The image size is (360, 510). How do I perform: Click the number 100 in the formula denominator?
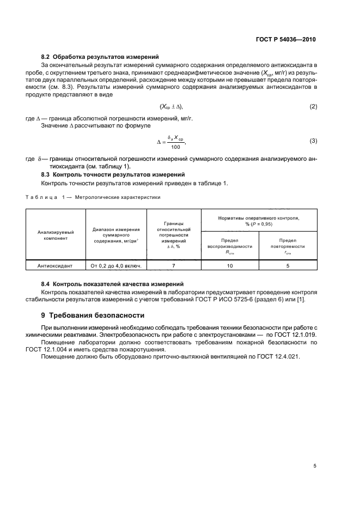175,147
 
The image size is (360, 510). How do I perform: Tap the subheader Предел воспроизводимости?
229,246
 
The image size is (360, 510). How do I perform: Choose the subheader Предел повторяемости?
287,246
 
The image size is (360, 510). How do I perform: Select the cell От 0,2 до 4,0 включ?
116,265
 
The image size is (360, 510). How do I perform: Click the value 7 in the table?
174,265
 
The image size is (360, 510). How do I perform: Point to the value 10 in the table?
229,265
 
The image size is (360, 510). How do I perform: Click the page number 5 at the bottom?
315,466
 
